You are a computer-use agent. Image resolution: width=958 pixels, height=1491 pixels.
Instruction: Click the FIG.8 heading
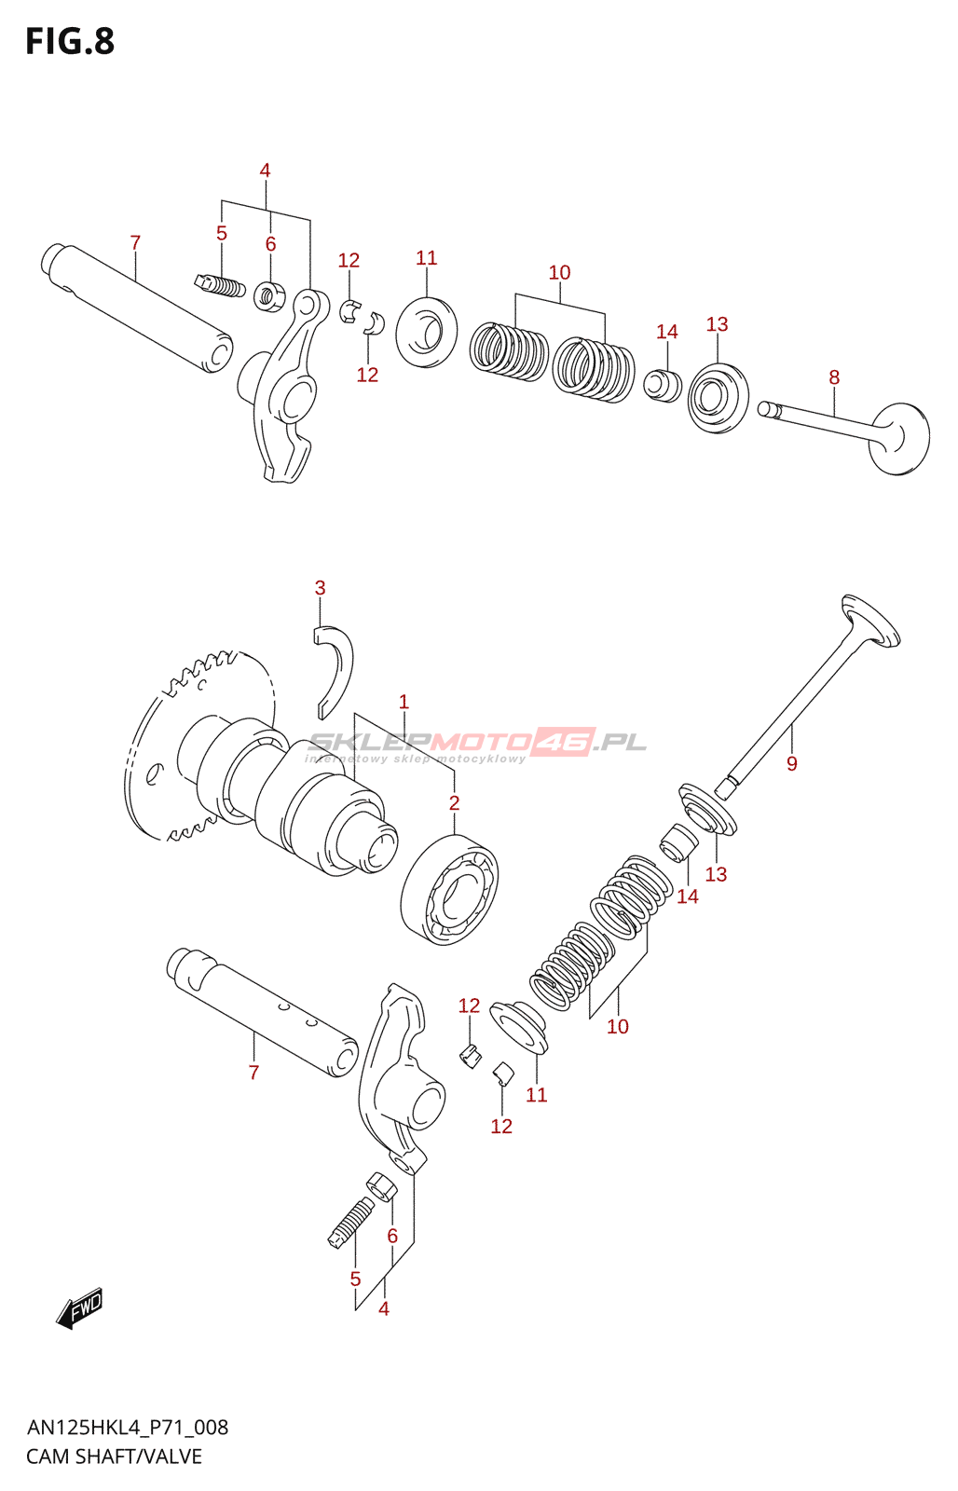point(70,42)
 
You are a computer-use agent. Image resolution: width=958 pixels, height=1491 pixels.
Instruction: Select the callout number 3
point(320,588)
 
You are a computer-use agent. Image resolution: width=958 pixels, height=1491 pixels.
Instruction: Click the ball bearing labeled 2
point(449,889)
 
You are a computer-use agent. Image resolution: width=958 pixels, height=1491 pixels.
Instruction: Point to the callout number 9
point(791,764)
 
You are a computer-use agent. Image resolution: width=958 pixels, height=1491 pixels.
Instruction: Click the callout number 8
point(834,377)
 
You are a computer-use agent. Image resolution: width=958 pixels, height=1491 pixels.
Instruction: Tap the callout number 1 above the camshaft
point(404,702)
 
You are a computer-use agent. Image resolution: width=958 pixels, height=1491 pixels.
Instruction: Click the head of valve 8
point(900,439)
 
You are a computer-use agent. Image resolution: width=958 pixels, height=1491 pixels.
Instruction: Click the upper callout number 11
point(426,258)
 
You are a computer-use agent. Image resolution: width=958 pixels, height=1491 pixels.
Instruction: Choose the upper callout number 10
point(559,272)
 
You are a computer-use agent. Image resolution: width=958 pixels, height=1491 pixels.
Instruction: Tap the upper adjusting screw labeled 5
point(220,284)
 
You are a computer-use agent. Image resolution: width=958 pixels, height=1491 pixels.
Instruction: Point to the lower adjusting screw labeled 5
point(351,1222)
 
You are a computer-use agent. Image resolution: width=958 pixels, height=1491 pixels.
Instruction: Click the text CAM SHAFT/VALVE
point(114,1457)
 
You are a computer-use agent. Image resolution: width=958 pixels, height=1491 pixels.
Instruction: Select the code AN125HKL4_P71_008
point(127,1428)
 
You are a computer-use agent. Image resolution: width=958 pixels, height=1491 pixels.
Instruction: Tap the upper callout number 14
point(666,332)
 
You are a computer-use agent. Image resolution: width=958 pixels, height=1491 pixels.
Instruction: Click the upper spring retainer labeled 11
point(427,332)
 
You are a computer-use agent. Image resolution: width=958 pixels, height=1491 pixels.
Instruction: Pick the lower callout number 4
point(383,1309)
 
